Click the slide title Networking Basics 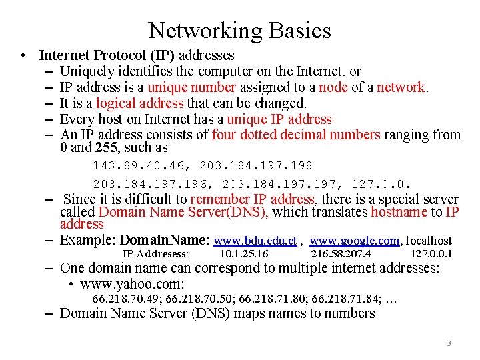tap(239, 30)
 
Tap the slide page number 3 tap(449, 343)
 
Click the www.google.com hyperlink tap(355, 241)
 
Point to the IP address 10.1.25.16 tap(243, 254)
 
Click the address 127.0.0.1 tap(431, 254)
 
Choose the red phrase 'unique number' tap(191, 87)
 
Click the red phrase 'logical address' tap(139, 103)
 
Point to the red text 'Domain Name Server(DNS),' tap(183, 212)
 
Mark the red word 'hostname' tap(399, 212)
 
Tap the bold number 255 tap(105, 147)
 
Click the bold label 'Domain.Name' tap(165, 240)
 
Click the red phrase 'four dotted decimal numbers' tap(296, 135)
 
